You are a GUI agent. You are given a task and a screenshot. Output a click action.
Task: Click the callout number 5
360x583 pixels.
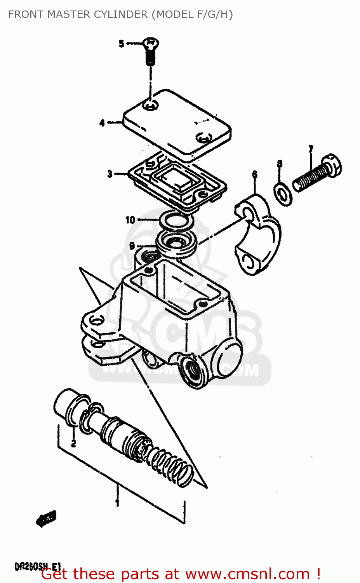tap(122, 44)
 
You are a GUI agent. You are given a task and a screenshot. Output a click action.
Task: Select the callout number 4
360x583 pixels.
tap(102, 123)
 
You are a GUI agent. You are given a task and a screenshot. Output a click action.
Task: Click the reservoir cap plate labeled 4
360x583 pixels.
tap(177, 124)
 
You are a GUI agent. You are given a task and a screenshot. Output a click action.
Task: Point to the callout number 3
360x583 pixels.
tap(110, 174)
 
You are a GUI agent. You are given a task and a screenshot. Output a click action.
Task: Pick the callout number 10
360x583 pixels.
tap(130, 220)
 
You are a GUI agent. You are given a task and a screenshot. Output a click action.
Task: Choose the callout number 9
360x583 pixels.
tap(132, 246)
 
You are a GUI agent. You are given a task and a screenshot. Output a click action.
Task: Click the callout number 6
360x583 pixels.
tap(255, 174)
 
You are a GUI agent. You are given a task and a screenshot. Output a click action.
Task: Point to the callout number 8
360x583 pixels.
tap(280, 164)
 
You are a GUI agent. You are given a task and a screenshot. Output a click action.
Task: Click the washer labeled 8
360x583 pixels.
tap(283, 193)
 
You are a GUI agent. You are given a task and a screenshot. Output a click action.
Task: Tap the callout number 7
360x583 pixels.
tap(311, 149)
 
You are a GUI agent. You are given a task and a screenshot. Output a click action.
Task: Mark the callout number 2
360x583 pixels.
tap(73, 443)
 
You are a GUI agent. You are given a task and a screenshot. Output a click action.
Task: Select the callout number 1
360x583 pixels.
tap(117, 503)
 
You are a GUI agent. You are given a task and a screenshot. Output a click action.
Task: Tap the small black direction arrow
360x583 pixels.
tap(46, 518)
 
